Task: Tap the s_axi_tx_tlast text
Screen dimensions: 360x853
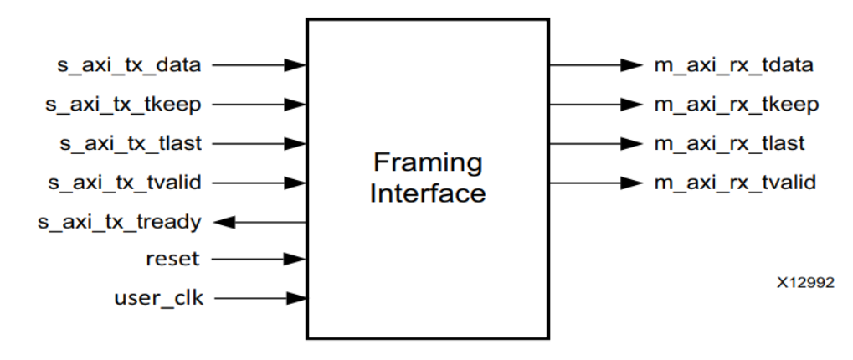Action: point(130,143)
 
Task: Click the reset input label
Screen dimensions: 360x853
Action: point(173,259)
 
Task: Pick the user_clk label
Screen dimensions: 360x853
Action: point(158,297)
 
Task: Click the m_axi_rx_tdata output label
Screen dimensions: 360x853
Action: point(722,64)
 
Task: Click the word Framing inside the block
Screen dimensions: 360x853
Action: point(428,162)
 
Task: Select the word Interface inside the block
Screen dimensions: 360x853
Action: point(428,193)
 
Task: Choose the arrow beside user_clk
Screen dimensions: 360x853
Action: point(264,297)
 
